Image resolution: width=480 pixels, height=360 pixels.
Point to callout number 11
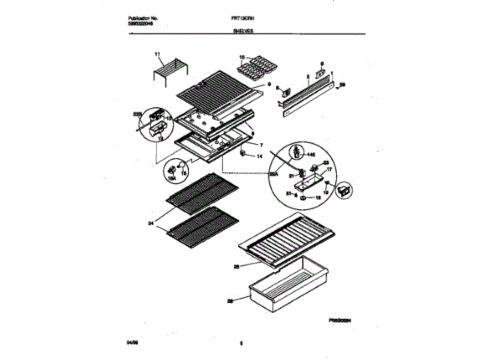(x=157, y=54)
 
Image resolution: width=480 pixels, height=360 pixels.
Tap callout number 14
(x=260, y=156)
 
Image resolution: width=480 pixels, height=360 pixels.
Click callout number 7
(x=261, y=144)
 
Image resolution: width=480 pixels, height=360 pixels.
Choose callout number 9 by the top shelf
(x=268, y=86)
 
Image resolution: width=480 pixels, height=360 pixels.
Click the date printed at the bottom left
(x=134, y=343)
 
